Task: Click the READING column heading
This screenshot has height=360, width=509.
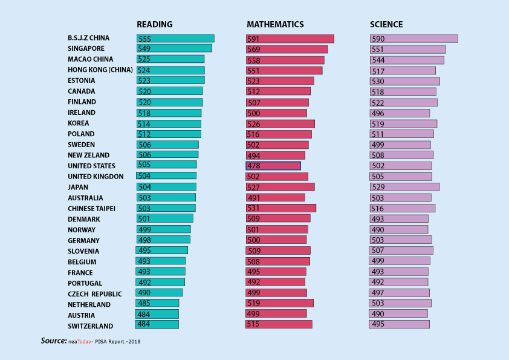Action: [x=154, y=25]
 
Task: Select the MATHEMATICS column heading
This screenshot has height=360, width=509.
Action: [x=275, y=25]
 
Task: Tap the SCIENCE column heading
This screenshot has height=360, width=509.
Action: [x=386, y=25]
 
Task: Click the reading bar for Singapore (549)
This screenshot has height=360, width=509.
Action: [x=174, y=48]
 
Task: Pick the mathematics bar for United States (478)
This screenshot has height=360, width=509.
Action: [x=273, y=166]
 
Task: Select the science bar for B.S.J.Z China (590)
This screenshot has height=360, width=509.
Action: [x=413, y=39]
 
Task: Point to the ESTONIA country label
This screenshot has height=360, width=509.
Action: [x=82, y=80]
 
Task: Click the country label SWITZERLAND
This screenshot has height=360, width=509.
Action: [x=90, y=326]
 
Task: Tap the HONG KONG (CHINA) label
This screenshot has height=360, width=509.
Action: [x=100, y=70]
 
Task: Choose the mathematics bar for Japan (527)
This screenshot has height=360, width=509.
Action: [x=280, y=188]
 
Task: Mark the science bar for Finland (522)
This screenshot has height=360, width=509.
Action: [x=403, y=103]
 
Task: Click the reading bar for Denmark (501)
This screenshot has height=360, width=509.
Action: [x=165, y=218]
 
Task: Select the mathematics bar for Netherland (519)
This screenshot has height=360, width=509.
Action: [x=279, y=303]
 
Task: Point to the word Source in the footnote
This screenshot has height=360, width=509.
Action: [x=53, y=341]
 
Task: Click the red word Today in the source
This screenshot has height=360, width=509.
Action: [x=85, y=342]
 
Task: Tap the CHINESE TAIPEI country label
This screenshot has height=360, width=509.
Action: [x=91, y=209]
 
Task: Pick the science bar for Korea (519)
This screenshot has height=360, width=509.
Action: [x=403, y=123]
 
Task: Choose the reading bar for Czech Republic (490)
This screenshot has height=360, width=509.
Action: [x=160, y=293]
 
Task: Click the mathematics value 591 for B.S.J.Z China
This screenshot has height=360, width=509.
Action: [x=253, y=39]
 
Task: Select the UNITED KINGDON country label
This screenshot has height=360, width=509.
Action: [x=96, y=177]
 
